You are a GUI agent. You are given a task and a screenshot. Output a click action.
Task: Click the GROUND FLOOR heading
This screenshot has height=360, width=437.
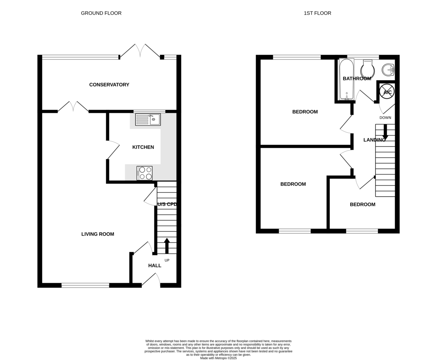click(x=101, y=13)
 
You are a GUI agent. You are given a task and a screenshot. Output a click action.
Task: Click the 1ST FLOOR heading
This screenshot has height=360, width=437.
click(x=317, y=13)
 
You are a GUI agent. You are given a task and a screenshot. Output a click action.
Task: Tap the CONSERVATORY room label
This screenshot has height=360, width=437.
click(x=109, y=85)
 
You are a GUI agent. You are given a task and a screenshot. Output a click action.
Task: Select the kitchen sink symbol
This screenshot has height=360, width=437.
click(x=148, y=119)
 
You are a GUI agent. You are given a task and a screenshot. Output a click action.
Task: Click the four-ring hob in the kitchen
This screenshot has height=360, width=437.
click(x=145, y=173)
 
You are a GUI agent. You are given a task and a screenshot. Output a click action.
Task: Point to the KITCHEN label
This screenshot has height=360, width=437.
click(x=143, y=147)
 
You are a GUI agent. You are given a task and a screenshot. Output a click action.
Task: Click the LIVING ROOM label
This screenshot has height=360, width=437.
click(x=98, y=234)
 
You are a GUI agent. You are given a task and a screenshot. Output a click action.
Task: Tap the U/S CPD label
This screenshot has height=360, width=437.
click(x=167, y=205)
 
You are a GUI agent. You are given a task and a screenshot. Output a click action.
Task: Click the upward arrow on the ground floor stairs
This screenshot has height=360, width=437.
click(x=167, y=246)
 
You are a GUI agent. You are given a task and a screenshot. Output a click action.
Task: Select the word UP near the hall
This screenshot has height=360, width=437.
click(x=167, y=260)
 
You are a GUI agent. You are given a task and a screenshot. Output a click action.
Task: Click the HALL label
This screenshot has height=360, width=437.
click(x=155, y=266)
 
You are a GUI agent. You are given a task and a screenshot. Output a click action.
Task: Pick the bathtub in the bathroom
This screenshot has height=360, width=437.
click(x=346, y=79)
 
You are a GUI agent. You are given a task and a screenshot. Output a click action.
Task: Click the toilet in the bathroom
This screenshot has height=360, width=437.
click(x=367, y=69)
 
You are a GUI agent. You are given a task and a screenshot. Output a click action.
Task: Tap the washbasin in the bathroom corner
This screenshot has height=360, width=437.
click(x=388, y=69)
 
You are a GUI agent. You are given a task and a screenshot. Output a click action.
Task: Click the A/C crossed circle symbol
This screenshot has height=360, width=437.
click(x=387, y=92)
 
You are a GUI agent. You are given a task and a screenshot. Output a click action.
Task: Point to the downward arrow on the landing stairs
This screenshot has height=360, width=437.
click(x=385, y=132)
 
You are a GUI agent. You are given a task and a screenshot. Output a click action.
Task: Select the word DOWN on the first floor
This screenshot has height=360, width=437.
click(x=385, y=118)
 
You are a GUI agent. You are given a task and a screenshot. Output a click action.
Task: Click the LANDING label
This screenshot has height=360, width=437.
click(x=374, y=140)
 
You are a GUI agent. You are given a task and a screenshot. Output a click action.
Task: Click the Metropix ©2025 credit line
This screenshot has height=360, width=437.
click(x=218, y=358)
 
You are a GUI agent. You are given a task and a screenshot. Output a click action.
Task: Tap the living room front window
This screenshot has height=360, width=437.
click(x=85, y=285)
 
